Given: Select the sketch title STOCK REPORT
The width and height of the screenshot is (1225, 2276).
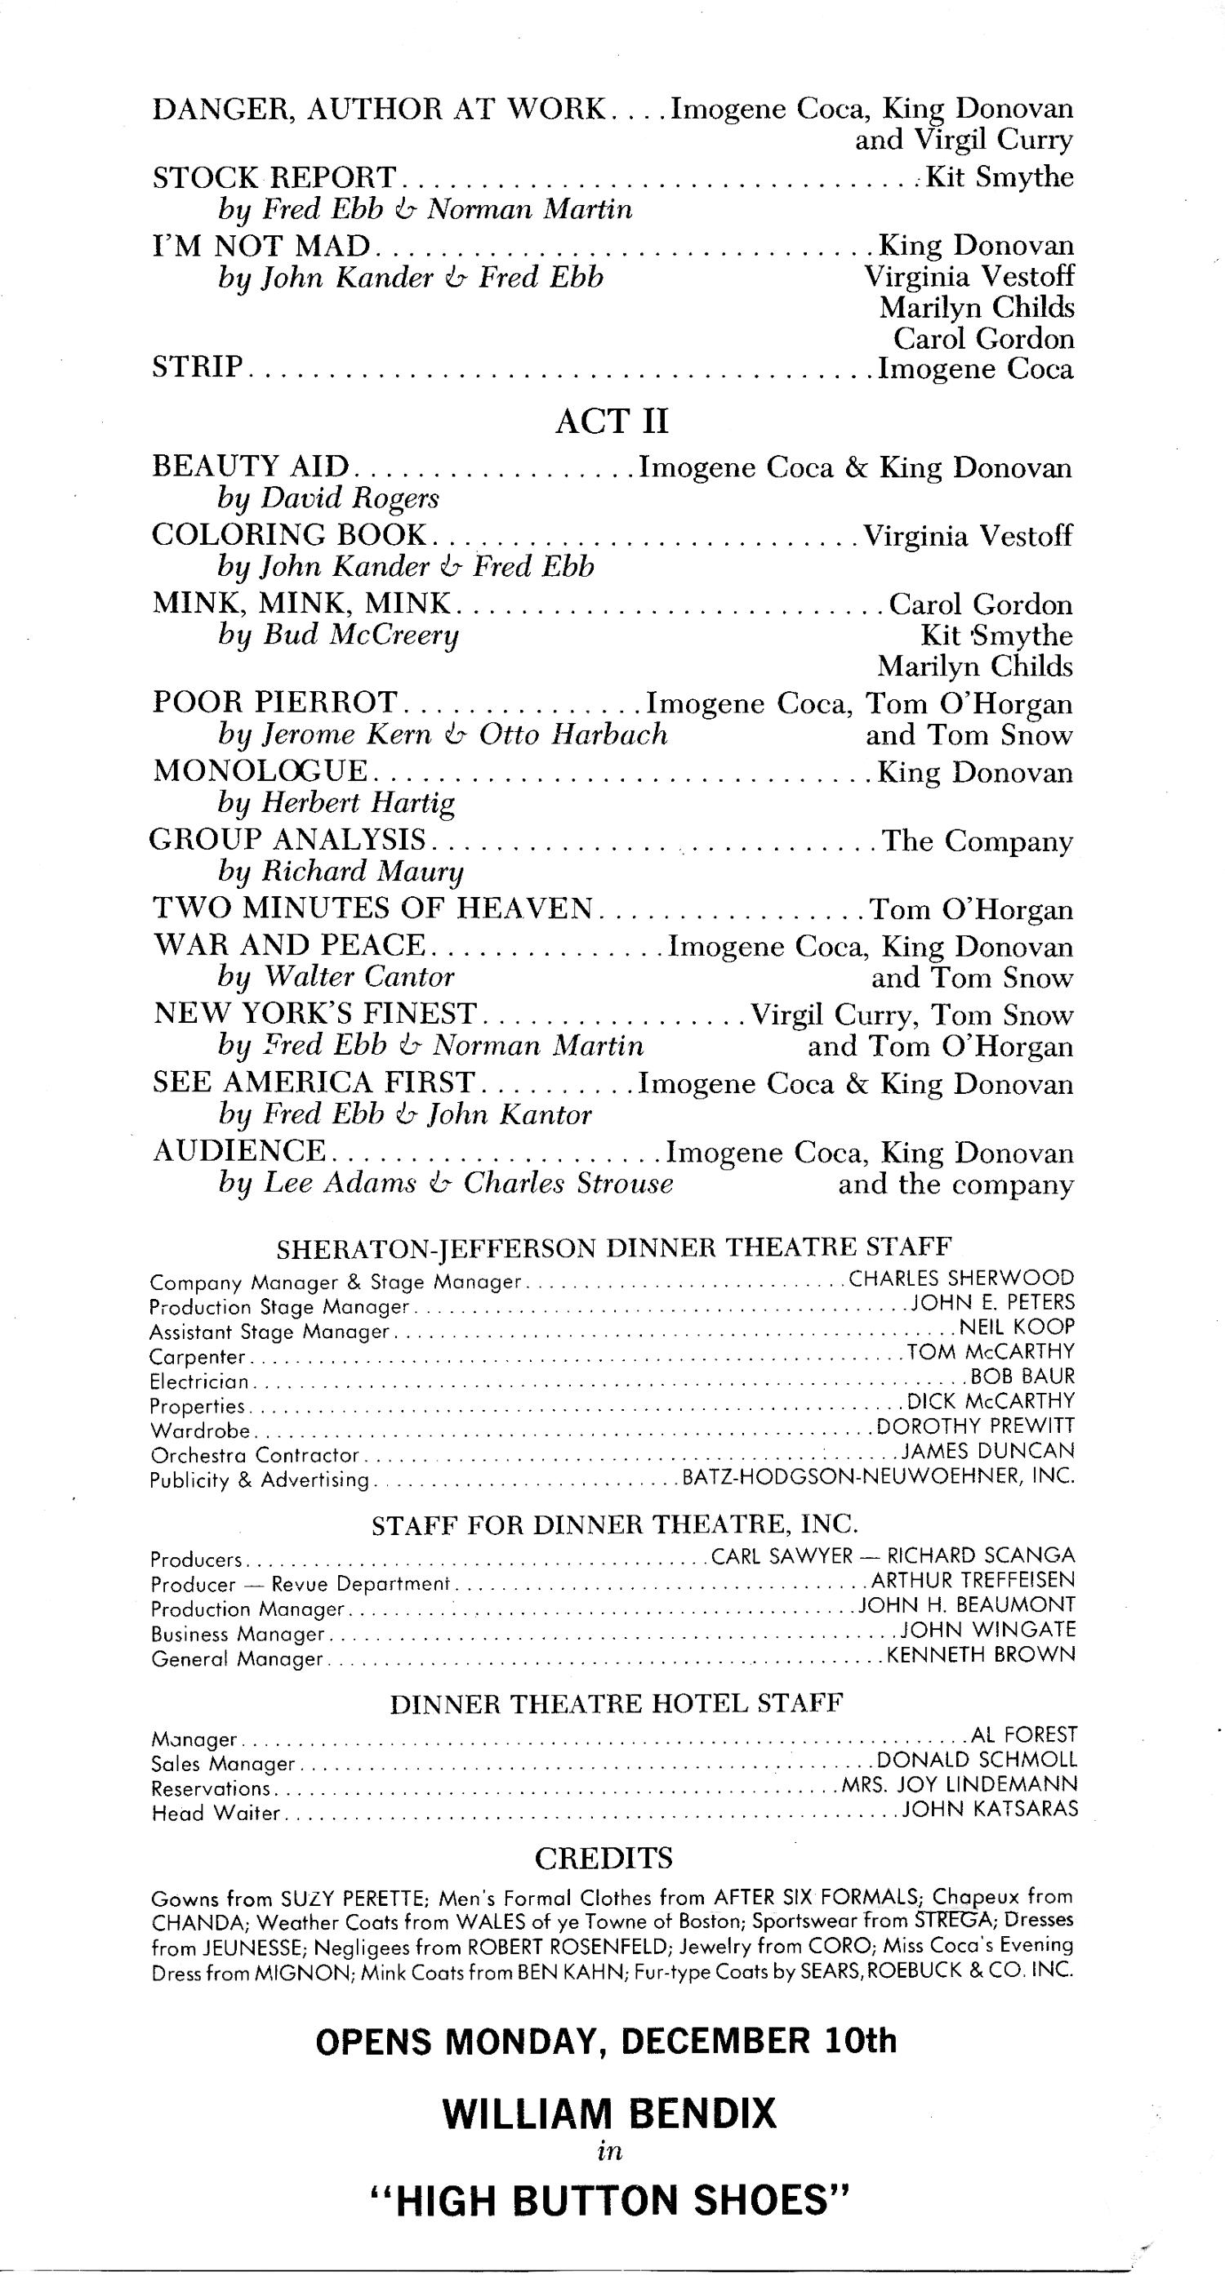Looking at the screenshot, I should [274, 177].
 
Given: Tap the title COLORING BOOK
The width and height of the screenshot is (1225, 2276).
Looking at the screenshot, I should [290, 535].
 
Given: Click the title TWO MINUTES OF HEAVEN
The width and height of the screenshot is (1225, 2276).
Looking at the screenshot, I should [372, 908].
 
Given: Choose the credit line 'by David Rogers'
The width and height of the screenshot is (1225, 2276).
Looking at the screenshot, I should [327, 498].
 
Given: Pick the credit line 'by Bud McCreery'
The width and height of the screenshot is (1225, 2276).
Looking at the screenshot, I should [338, 636].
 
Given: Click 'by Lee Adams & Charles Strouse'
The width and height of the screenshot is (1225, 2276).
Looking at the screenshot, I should [445, 1183].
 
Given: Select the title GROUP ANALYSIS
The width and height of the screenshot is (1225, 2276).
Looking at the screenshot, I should [288, 839].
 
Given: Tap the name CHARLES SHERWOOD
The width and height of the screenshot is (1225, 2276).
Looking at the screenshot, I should [961, 1279].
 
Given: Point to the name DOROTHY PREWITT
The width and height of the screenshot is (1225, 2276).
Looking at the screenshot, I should [975, 1426].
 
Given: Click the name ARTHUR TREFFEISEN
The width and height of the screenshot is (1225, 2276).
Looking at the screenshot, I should [973, 1580].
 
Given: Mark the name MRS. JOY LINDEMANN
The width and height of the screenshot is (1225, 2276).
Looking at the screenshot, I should [959, 1788].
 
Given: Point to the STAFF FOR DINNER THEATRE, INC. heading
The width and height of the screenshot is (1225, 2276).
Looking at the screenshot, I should [615, 1525].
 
